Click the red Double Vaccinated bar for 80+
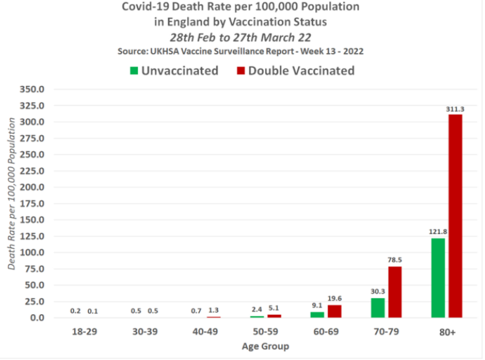tap(455, 216)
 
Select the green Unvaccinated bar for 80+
tap(437, 278)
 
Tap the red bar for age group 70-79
tap(394, 292)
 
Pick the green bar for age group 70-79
tap(377, 308)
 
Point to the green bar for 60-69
tap(317, 314)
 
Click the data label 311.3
tap(455, 109)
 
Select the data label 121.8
tap(437, 232)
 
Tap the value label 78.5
tap(395, 261)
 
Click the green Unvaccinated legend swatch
tap(133, 70)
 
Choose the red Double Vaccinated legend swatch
tap(241, 70)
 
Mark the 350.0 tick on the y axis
tap(33, 89)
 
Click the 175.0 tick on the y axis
tap(33, 203)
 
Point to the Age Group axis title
tap(265, 346)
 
